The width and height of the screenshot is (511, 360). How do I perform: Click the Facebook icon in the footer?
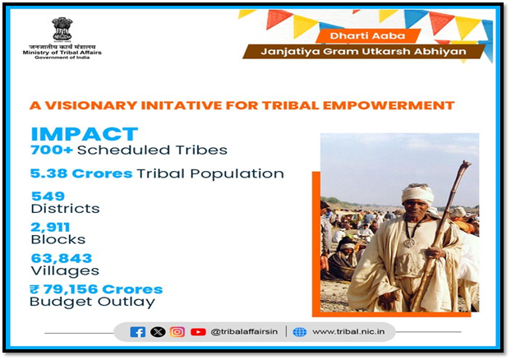click(137, 332)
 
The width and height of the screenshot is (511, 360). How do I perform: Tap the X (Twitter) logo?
click(158, 332)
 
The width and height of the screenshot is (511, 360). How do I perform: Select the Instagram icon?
click(177, 332)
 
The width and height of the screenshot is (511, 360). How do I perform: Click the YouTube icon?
click(198, 332)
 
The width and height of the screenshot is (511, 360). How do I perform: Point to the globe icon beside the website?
click(300, 332)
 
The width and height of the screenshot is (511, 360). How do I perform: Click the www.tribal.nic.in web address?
click(348, 331)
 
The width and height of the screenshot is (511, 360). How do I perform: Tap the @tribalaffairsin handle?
click(244, 331)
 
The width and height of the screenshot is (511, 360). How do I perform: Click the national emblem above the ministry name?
click(62, 30)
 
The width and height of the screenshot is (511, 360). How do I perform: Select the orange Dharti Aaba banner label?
click(367, 36)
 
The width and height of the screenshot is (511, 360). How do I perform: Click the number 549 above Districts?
click(48, 196)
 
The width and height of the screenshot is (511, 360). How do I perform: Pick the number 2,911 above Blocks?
click(50, 228)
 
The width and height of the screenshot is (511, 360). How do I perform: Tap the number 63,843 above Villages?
click(62, 258)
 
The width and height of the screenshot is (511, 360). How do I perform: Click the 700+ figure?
click(52, 150)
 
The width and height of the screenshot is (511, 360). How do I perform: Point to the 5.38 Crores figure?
click(81, 173)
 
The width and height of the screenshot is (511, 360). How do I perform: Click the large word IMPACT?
click(85, 134)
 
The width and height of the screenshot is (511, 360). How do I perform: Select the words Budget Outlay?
click(92, 302)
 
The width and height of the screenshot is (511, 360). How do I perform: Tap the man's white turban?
click(417, 193)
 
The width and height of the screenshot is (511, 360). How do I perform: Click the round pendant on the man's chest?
click(410, 242)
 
